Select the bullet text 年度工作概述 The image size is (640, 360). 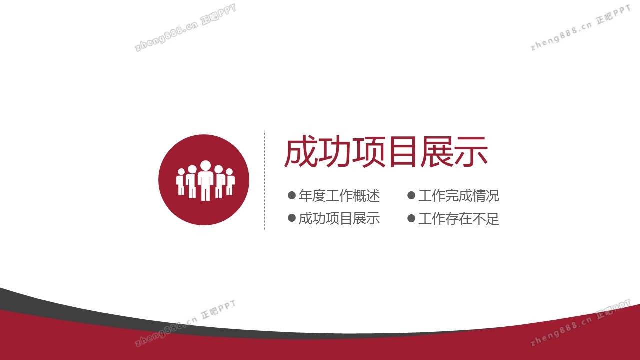tap(339, 196)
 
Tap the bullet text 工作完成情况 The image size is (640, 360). tap(459, 196)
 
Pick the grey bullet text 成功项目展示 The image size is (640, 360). tap(339, 219)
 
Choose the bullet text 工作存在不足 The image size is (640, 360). tap(459, 219)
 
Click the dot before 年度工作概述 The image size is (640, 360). tap(291, 195)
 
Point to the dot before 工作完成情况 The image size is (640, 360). tap(411, 195)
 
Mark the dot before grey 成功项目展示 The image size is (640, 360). tap(291, 218)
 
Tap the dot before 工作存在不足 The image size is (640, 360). tap(411, 218)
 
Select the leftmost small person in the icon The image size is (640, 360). tap(181, 182)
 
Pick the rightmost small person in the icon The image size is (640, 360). tap(230, 182)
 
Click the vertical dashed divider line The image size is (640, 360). tap(265, 180)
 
